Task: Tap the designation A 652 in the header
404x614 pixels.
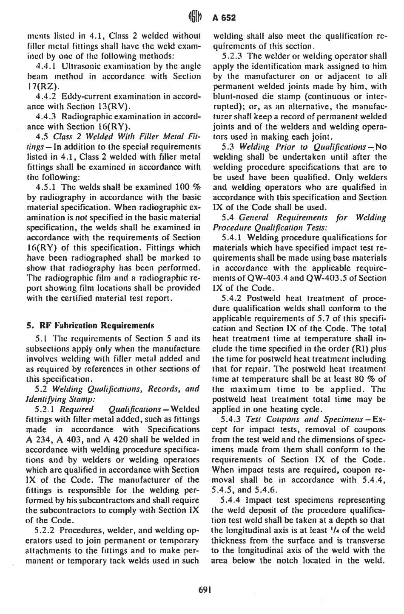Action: (x=224, y=18)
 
